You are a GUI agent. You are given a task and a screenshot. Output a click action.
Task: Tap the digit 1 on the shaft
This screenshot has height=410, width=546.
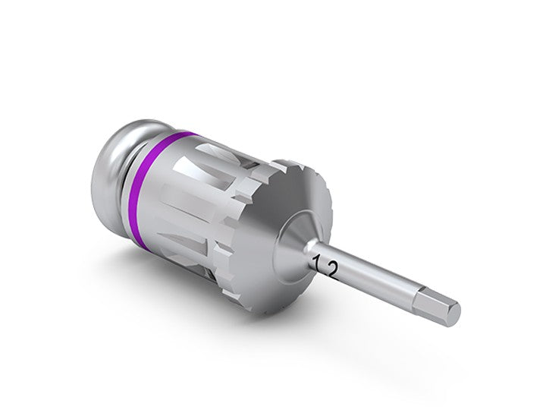[x=316, y=262]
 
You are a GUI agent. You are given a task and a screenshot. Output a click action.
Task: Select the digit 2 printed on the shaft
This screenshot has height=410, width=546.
[x=332, y=269]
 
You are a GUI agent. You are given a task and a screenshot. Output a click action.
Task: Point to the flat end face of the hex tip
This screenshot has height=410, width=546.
[x=453, y=315]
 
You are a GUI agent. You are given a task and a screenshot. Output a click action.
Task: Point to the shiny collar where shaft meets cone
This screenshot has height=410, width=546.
[x=311, y=252]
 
